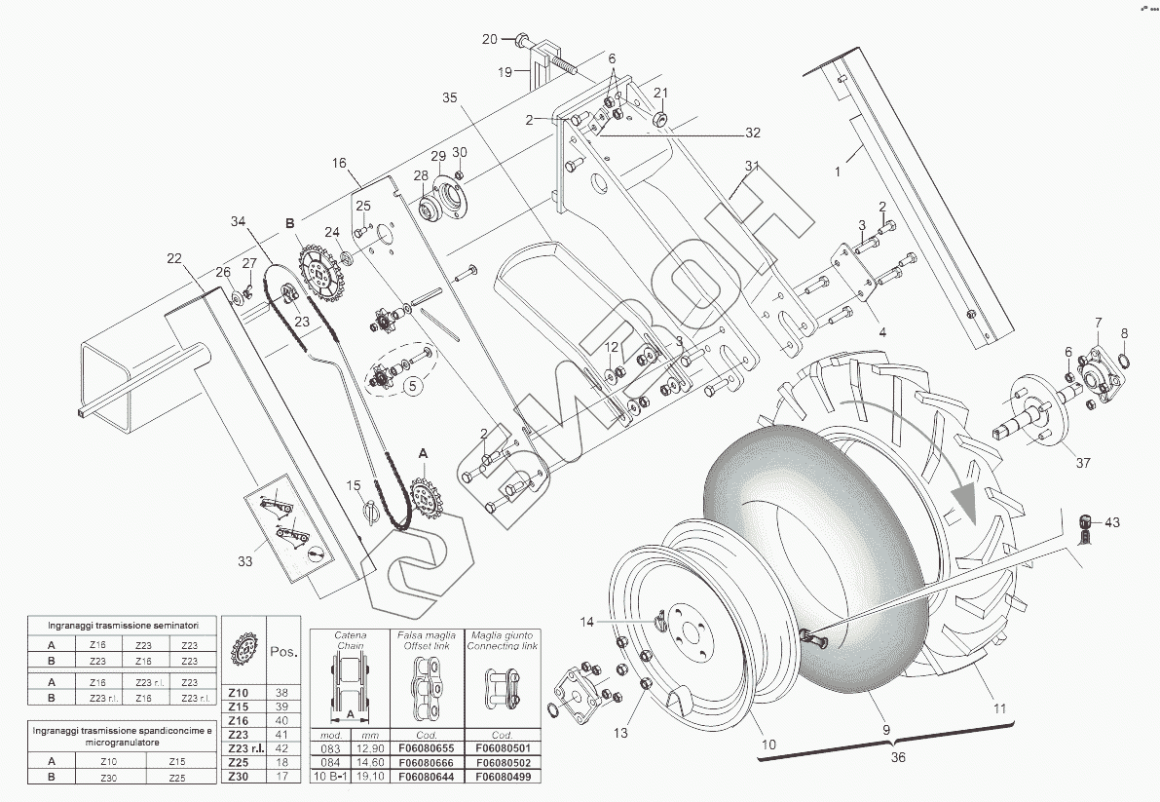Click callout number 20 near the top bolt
click(x=490, y=39)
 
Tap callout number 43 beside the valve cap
click(x=1112, y=523)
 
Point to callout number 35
click(x=449, y=97)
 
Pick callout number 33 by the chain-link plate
click(x=244, y=561)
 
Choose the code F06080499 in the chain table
click(x=502, y=777)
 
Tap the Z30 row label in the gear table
click(x=238, y=777)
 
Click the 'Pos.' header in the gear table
click(x=283, y=652)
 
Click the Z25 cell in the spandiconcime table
click(x=176, y=777)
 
